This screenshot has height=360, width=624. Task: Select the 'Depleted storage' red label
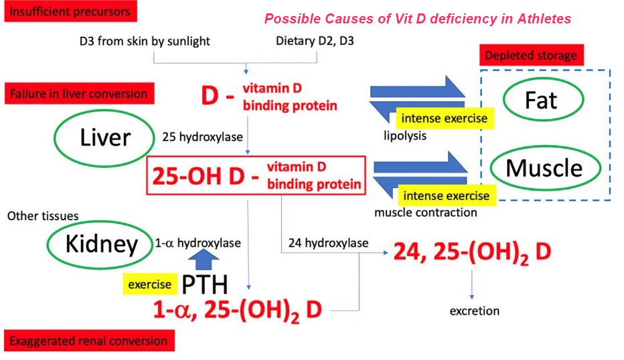pyautogui.click(x=532, y=56)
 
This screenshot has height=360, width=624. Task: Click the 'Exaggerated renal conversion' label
pyautogui.click(x=90, y=341)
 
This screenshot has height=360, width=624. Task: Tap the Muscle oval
pyautogui.click(x=544, y=167)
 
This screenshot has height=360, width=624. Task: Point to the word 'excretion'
pyautogui.click(x=474, y=310)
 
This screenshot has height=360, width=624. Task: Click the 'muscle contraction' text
pyautogui.click(x=426, y=212)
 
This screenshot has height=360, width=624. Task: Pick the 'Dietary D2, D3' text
pyautogui.click(x=315, y=41)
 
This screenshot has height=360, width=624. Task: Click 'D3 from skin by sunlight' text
pyautogui.click(x=145, y=41)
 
